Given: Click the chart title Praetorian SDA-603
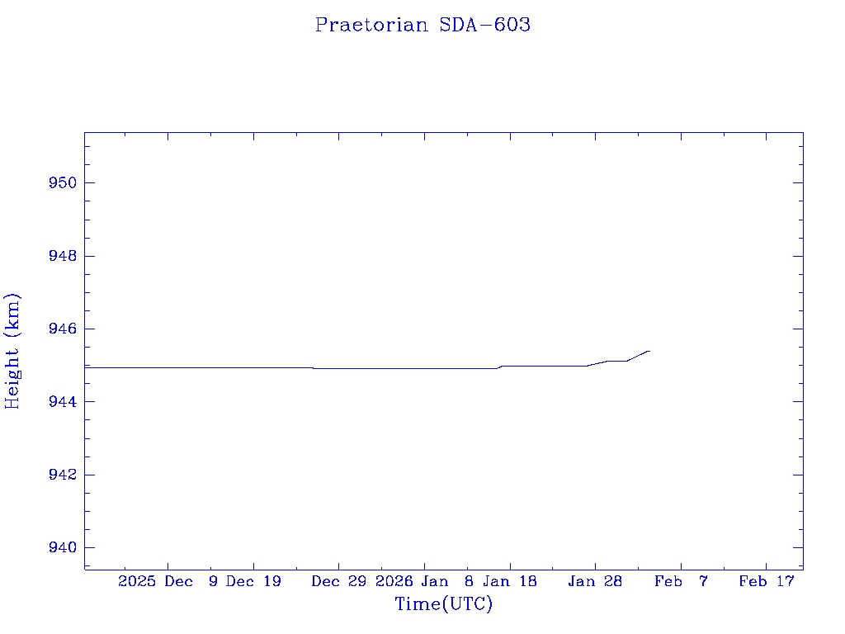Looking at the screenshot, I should pyautogui.click(x=422, y=25).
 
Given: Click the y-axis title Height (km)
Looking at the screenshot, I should pyautogui.click(x=12, y=350).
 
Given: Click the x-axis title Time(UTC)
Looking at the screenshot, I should pyautogui.click(x=444, y=604).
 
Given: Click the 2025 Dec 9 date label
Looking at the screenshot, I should pyautogui.click(x=168, y=581).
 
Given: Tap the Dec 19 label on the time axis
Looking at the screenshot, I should pyautogui.click(x=253, y=581).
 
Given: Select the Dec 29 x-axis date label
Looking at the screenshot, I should pyautogui.click(x=339, y=581).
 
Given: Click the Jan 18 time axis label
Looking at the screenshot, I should pyautogui.click(x=509, y=581).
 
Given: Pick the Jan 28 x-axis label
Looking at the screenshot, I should pyautogui.click(x=595, y=581).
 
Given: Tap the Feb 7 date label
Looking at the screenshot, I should pyautogui.click(x=681, y=581).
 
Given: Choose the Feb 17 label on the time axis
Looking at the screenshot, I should pyautogui.click(x=766, y=581).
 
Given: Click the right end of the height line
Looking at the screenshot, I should pyautogui.click(x=649, y=351).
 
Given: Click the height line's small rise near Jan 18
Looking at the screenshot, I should pyautogui.click(x=500, y=367).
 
